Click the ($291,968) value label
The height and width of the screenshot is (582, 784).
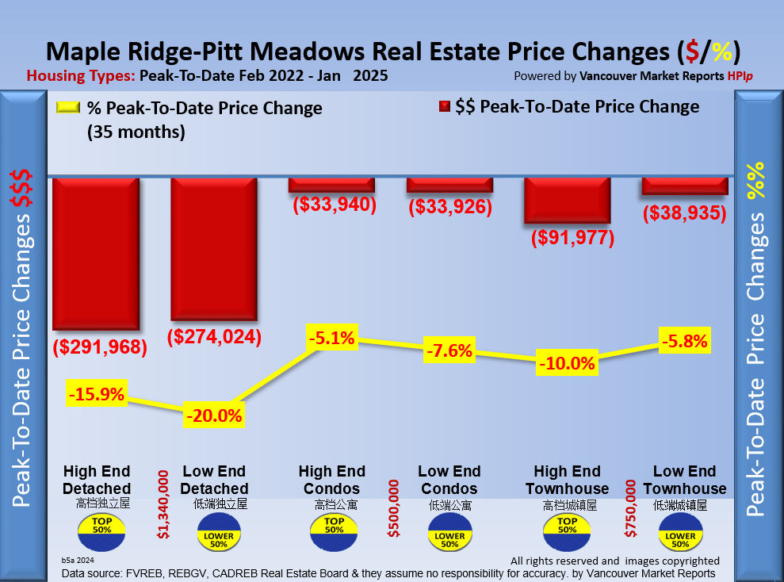pyautogui.click(x=100, y=347)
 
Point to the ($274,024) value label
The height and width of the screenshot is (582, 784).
pyautogui.click(x=215, y=336)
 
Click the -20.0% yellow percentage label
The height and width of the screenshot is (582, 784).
pyautogui.click(x=214, y=414)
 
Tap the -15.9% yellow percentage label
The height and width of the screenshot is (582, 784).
pyautogui.click(x=97, y=393)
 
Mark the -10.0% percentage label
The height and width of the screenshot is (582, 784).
pyautogui.click(x=567, y=364)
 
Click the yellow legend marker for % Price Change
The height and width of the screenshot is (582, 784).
pyautogui.click(x=69, y=108)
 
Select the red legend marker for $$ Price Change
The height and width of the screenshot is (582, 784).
pyautogui.click(x=444, y=107)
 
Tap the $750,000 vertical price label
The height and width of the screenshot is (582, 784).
pyautogui.click(x=631, y=508)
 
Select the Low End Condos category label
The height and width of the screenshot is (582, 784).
pyautogui.click(x=449, y=480)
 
